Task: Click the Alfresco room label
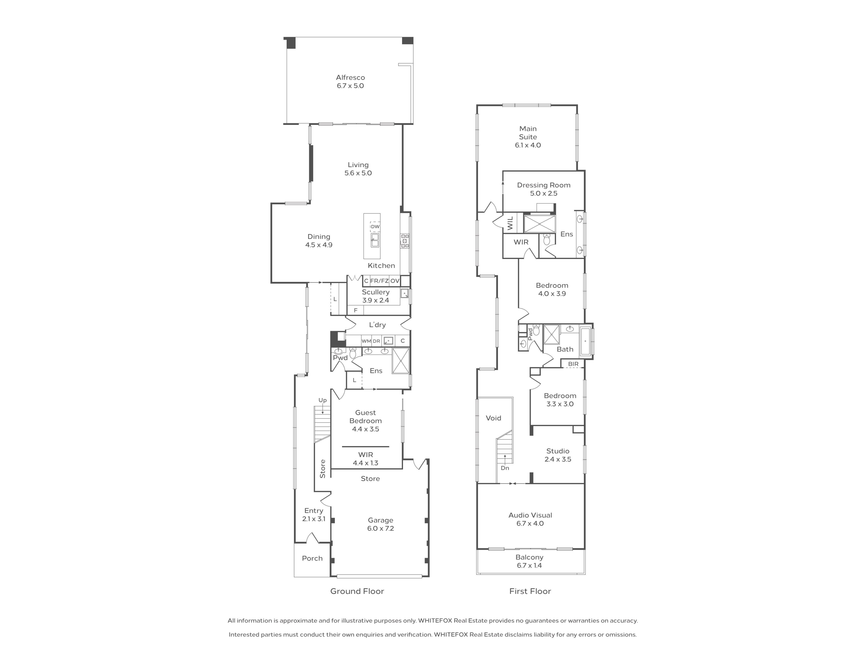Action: (350, 77)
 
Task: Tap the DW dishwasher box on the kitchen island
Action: (375, 227)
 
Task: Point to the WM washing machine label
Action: (366, 341)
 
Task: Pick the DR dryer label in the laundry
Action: (376, 341)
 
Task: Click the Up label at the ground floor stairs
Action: (322, 400)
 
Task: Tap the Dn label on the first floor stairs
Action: (505, 468)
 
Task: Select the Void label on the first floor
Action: (493, 418)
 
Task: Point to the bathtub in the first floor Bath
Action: (585, 341)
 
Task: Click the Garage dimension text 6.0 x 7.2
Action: (380, 529)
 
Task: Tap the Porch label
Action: (312, 558)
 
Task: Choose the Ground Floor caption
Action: (357, 591)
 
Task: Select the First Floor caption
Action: (530, 591)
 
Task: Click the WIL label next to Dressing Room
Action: (510, 223)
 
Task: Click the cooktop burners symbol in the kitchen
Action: (404, 241)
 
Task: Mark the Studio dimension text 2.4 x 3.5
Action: (558, 459)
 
